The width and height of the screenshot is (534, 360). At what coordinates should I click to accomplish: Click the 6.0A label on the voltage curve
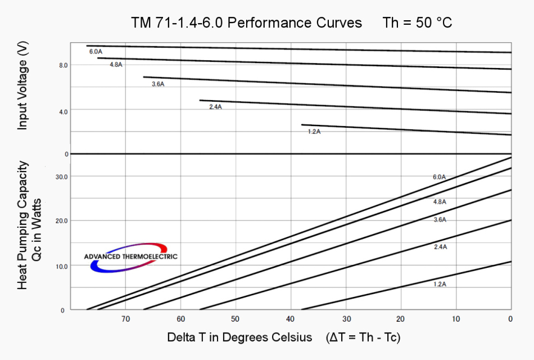click(x=96, y=52)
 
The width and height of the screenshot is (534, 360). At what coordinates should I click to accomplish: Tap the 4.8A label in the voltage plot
click(x=116, y=65)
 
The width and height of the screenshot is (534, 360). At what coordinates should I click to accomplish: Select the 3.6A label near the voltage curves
click(x=158, y=84)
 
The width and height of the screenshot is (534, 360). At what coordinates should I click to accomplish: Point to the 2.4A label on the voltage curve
click(x=215, y=107)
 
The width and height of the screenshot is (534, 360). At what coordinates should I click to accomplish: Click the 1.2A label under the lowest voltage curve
click(x=314, y=132)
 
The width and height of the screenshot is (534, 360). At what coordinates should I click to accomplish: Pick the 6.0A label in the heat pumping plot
click(x=439, y=177)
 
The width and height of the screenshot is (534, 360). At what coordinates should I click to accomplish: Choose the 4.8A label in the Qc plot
click(x=440, y=201)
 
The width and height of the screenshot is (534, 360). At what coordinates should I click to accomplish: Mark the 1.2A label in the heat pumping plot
click(x=440, y=284)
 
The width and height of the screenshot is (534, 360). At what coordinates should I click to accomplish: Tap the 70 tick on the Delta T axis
click(x=125, y=319)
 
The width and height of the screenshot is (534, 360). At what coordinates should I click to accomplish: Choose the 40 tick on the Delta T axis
click(x=291, y=319)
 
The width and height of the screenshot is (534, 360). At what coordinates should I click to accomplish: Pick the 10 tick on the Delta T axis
click(x=456, y=319)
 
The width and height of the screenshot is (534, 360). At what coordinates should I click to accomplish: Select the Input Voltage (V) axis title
click(x=22, y=88)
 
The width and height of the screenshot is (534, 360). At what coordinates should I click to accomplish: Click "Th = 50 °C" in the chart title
click(x=417, y=23)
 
